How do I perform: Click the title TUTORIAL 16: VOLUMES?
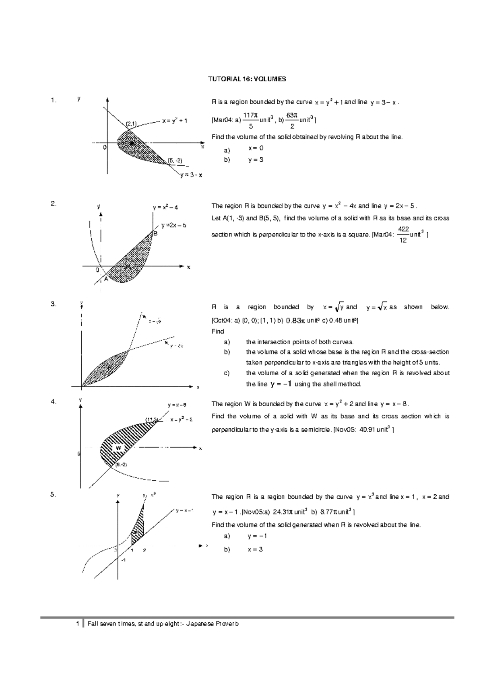point(247,79)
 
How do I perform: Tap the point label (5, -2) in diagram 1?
point(175,160)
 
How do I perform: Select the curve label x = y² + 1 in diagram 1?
point(175,120)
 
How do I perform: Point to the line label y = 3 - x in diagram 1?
point(191,175)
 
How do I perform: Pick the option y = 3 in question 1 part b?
point(256,160)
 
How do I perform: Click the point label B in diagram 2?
point(155,233)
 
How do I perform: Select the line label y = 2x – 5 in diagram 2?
point(173,225)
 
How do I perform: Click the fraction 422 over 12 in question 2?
point(403,234)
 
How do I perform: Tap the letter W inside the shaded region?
point(118,448)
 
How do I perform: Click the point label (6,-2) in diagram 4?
point(121,465)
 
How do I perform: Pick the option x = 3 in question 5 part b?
point(256,549)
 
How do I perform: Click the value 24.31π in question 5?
point(283,512)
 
